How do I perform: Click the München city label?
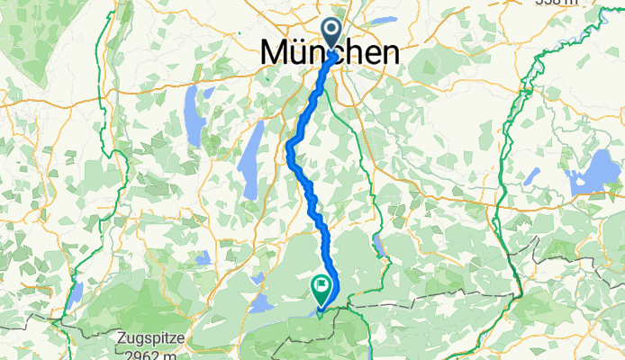[x=330, y=53]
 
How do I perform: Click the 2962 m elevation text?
[x=151, y=355]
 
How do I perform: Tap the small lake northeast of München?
[x=382, y=19]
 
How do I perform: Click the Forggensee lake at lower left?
[x=77, y=292]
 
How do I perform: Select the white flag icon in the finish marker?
[x=321, y=285]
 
